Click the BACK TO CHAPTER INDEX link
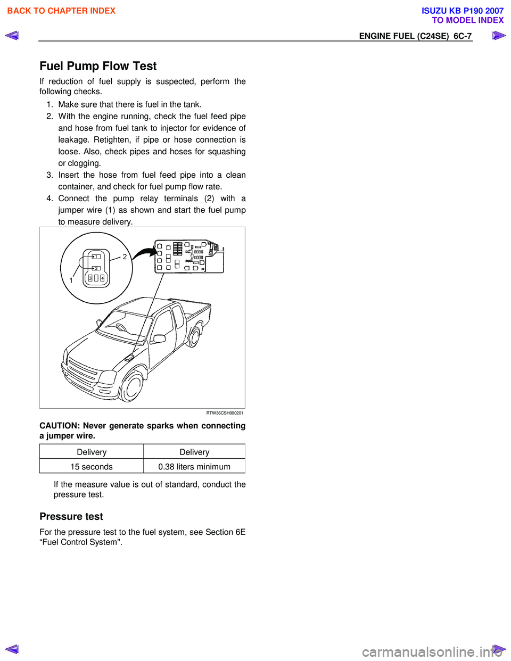61,11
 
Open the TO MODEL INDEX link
467,20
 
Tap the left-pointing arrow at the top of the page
12,36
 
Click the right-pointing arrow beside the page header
499,36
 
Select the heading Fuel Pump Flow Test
98,66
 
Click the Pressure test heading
71,516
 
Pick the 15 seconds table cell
92,467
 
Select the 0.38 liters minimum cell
194,467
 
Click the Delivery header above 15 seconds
92,452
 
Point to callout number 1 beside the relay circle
71,280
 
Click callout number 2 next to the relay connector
125,257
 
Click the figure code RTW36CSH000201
225,413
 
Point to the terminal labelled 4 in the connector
103,278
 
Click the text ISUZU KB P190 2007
462,11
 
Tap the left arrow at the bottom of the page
12,649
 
